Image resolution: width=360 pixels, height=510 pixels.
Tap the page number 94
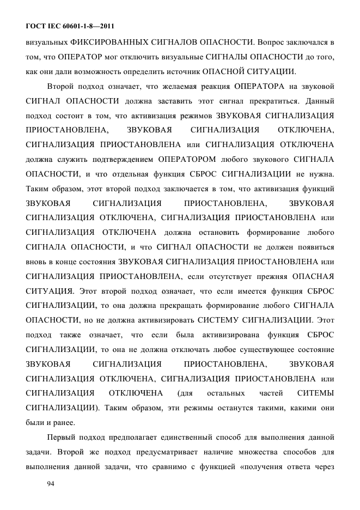(x=52, y=483)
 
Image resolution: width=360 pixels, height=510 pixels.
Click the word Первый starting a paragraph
(x=63, y=437)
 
